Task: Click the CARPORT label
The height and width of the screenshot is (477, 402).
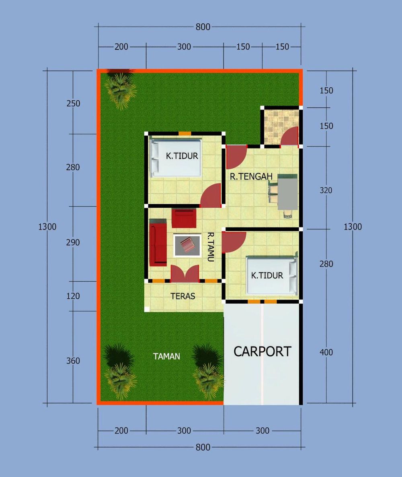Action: tap(262, 351)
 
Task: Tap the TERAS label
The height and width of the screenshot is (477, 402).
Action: tap(183, 296)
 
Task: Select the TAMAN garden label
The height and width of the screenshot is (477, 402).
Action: tap(166, 356)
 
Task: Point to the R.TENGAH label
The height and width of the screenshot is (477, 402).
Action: tap(251, 176)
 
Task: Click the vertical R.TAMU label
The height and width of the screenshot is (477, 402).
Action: tap(211, 247)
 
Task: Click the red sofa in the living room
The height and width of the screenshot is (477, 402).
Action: tap(158, 242)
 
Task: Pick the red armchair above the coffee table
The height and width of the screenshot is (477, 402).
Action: tap(184, 218)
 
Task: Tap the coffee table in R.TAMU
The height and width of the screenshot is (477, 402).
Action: tap(187, 245)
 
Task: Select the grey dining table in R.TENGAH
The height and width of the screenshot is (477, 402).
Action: tap(287, 194)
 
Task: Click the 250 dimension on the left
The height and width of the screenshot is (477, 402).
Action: tap(73, 103)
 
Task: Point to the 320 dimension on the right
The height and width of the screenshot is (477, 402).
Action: tap(326, 190)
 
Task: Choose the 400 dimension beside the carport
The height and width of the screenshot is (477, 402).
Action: tap(326, 352)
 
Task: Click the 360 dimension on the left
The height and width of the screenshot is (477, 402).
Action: tap(73, 361)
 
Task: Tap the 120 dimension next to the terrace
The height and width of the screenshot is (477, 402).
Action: tap(73, 296)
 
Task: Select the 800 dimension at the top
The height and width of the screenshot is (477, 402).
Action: tap(203, 27)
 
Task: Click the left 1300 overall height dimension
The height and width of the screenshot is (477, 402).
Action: tap(47, 227)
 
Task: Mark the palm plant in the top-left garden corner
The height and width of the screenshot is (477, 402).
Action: tap(120, 88)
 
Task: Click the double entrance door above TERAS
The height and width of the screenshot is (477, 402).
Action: tap(185, 273)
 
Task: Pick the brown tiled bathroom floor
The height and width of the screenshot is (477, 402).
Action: tap(281, 127)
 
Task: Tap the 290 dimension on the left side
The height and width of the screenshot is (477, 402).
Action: tap(73, 242)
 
